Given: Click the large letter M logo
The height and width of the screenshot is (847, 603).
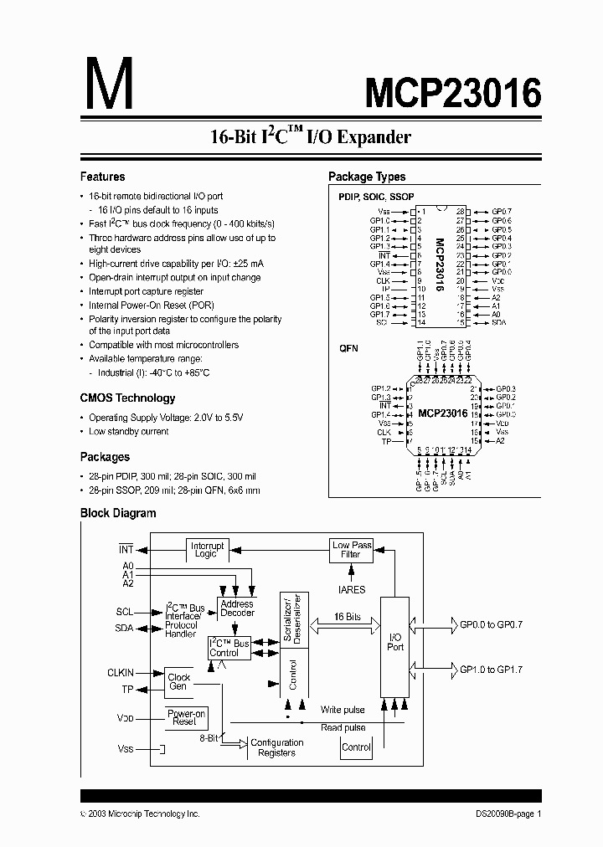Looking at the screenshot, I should pos(107,86).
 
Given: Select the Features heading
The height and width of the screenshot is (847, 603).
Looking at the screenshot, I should pos(102,177).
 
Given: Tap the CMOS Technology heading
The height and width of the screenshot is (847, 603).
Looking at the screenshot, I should pos(127,398).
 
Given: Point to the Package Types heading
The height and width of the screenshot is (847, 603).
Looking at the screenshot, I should pos(367,177).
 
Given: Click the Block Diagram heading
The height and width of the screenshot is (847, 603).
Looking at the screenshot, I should pos(118,513).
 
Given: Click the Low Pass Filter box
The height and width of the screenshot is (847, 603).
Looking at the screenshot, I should pos(352,550).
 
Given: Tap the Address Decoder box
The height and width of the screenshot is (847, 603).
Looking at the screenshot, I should pos(236,608).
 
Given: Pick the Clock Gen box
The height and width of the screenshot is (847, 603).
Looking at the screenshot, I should pos(178,681).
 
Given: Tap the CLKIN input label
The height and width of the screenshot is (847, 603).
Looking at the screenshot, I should pos(121,672).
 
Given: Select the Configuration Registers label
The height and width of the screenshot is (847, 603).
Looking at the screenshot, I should pos(277,747).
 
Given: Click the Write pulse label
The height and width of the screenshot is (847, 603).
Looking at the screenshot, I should pos(343,710).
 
